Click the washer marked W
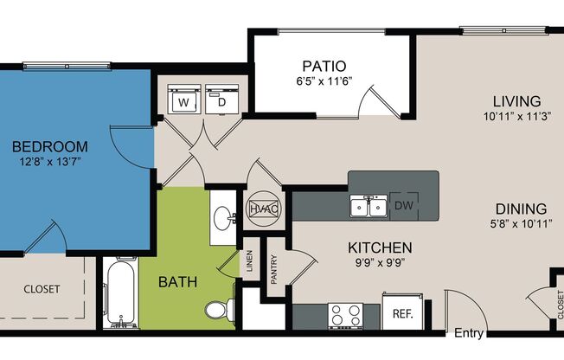click(183, 99)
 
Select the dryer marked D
click(222, 99)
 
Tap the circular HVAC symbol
click(263, 209)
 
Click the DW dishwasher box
click(404, 206)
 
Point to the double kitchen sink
click(369, 206)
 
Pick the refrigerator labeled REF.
click(402, 312)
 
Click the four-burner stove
click(346, 316)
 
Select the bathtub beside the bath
click(120, 293)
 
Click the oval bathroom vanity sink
click(223, 218)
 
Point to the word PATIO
click(324, 67)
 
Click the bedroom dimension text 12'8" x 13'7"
click(50, 161)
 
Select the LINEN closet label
click(250, 261)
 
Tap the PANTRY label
click(274, 269)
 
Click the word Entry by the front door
click(469, 333)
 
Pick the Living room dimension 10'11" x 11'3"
click(517, 116)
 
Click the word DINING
click(522, 209)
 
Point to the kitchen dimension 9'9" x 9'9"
click(380, 263)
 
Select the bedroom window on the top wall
click(67, 66)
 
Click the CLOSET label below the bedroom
click(42, 289)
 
